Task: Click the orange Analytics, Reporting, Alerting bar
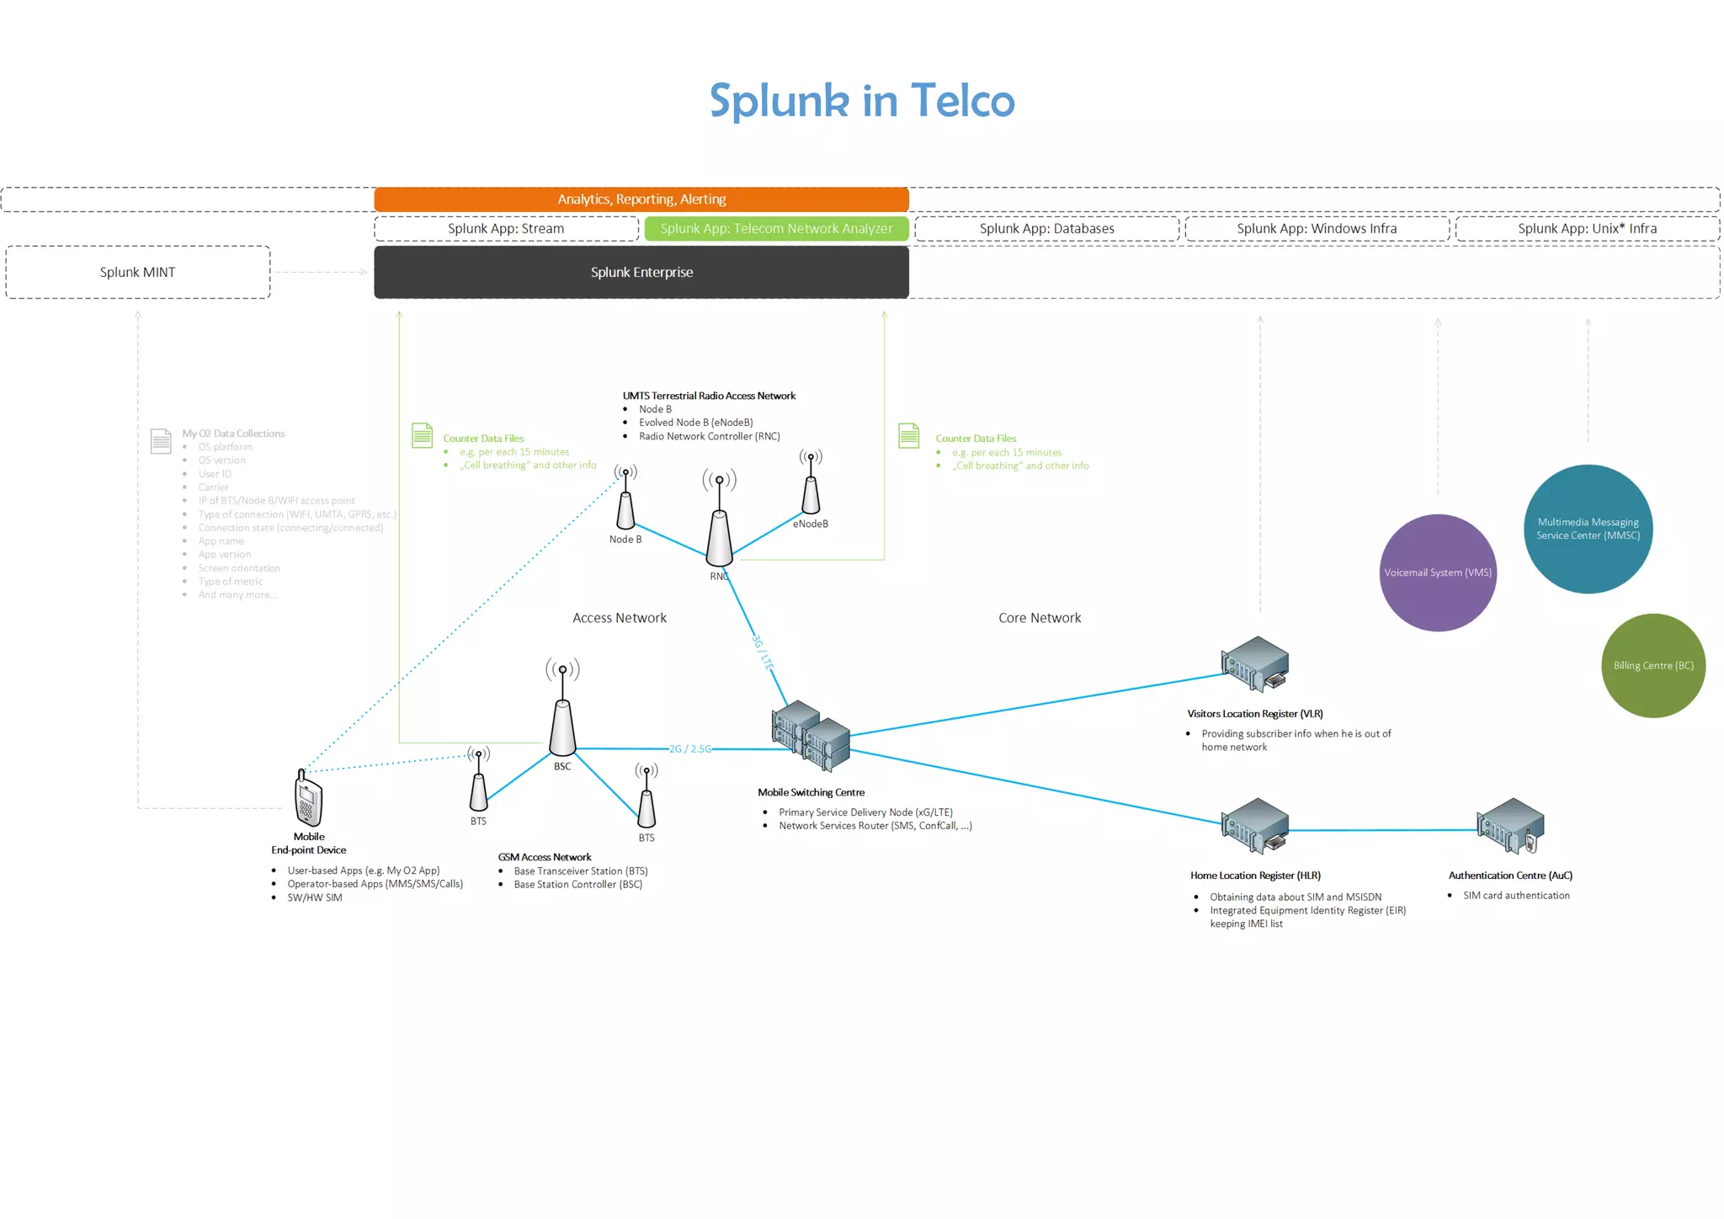tap(641, 200)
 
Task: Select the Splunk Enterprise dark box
tap(641, 272)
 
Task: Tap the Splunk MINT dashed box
tap(138, 272)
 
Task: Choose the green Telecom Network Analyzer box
tap(776, 229)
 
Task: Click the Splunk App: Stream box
tap(506, 229)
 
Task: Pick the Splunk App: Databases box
tap(1046, 229)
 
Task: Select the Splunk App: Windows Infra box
tap(1317, 229)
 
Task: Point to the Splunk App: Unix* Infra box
tap(1587, 229)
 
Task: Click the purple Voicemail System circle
tap(1438, 572)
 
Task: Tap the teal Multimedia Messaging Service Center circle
tap(1588, 529)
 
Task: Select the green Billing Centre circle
tap(1653, 665)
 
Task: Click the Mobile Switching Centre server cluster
tap(811, 735)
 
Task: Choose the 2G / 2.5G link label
tap(690, 748)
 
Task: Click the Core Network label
tap(1040, 618)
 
